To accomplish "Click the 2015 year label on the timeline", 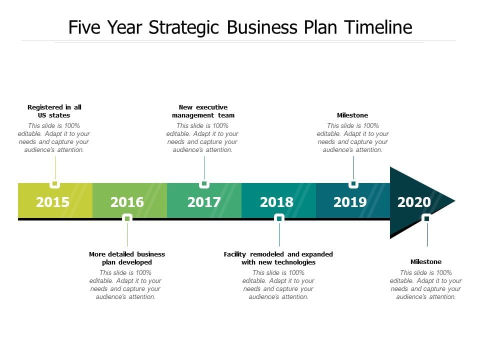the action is point(52,202).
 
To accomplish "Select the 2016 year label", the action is point(127,202).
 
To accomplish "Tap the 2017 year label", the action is point(204,202).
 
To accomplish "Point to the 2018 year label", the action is point(276,202).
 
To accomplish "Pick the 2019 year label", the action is point(350,202).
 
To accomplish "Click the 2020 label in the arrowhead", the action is point(414,202).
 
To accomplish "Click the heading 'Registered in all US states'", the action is point(54,111).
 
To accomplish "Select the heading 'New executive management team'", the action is point(203,111).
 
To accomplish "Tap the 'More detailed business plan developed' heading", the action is point(127,258).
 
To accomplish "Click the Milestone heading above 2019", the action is point(352,115).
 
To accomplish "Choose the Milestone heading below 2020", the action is point(426,261).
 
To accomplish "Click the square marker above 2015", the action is point(55,183).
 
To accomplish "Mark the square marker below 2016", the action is point(127,218).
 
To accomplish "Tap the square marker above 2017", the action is point(204,183).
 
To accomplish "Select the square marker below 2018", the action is point(279,218).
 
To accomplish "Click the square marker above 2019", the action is point(353,183).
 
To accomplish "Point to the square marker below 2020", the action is point(426,218).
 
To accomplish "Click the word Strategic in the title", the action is point(183,27).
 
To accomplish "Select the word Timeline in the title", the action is point(378,27).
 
